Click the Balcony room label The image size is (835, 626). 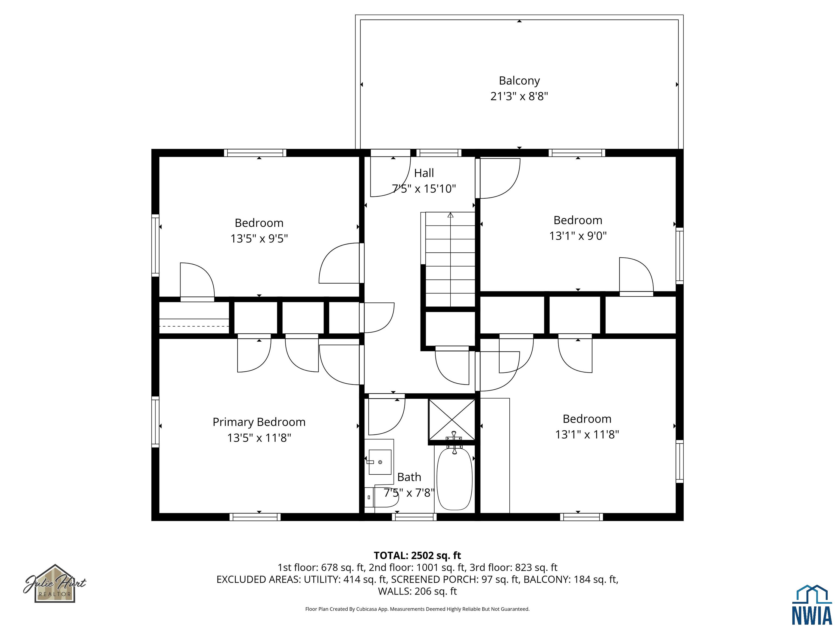pyautogui.click(x=519, y=80)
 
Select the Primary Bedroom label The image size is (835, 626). pyautogui.click(x=259, y=422)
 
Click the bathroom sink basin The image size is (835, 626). pyautogui.click(x=380, y=461)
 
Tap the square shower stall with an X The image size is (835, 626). pyautogui.click(x=452, y=419)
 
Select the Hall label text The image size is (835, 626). pyautogui.click(x=424, y=173)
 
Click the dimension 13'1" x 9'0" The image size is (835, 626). pyautogui.click(x=578, y=236)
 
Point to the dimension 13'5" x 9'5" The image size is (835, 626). pyautogui.click(x=259, y=239)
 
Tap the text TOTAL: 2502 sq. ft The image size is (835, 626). pyautogui.click(x=417, y=555)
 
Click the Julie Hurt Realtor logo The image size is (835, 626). pyautogui.click(x=55, y=583)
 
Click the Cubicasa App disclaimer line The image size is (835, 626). pyautogui.click(x=417, y=609)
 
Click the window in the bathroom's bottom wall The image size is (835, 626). pyautogui.click(x=414, y=517)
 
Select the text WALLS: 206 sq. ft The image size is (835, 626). pyautogui.click(x=417, y=591)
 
